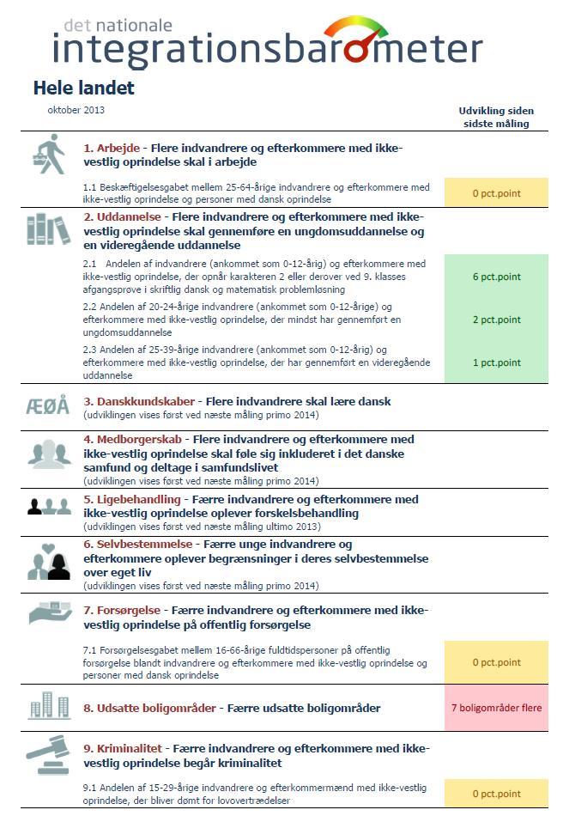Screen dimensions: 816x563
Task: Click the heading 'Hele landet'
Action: click(83, 88)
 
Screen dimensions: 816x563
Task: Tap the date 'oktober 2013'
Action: click(76, 110)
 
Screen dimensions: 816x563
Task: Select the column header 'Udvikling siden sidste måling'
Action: click(496, 117)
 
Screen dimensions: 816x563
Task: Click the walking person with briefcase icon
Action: click(49, 155)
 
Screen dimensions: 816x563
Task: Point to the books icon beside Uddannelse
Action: click(48, 229)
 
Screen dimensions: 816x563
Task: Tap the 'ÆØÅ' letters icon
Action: click(48, 406)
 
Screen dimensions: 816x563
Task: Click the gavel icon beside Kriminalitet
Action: click(48, 754)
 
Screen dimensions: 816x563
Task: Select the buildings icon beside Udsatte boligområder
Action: click(49, 708)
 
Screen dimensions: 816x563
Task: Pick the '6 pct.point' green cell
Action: click(496, 277)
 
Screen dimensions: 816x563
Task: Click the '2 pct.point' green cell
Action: click(496, 320)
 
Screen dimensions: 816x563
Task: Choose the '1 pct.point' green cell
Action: click(496, 362)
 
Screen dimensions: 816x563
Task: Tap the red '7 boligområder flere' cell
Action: click(496, 709)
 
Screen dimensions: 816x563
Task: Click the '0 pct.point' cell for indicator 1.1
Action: click(496, 193)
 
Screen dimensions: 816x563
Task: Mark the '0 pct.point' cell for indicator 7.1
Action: click(496, 662)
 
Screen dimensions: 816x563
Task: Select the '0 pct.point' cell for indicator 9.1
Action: click(496, 794)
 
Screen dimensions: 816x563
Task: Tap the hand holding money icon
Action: click(49, 612)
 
